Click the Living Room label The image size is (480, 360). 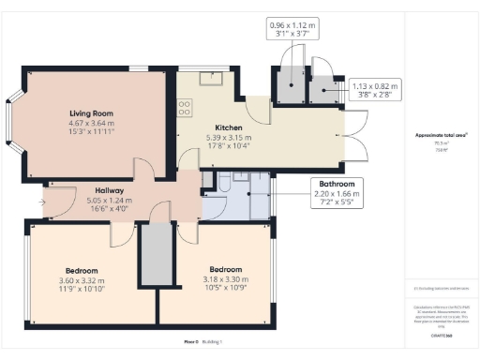point(91,111)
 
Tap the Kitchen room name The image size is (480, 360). point(230,127)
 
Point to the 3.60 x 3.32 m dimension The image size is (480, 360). point(78,278)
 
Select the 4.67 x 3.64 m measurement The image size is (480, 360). point(91,122)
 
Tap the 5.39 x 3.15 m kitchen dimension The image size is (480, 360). point(230,137)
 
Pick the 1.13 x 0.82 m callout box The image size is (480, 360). point(374,89)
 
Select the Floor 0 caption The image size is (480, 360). point(191,343)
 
